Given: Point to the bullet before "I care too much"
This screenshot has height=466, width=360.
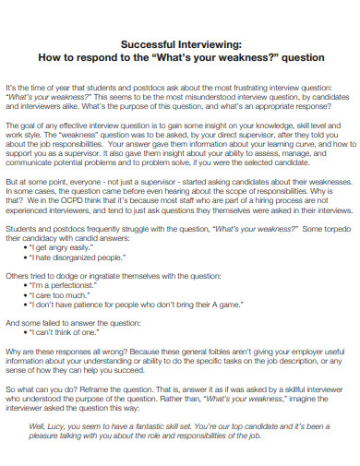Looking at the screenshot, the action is pos(32,298).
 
